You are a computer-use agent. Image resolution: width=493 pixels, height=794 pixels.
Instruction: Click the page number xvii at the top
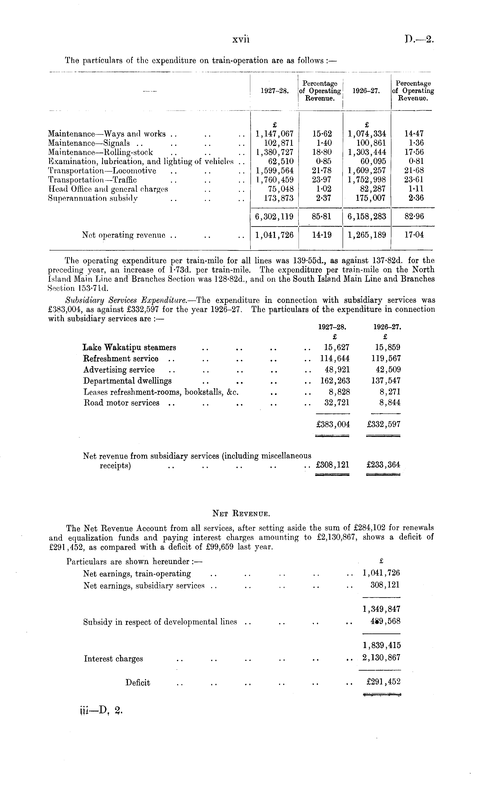(241, 40)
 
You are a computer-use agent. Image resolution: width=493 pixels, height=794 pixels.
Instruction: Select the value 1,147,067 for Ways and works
(275, 134)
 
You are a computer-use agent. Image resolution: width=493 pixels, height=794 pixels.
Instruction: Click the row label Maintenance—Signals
(89, 143)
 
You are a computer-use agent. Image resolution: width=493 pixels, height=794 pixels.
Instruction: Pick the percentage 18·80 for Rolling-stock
(322, 152)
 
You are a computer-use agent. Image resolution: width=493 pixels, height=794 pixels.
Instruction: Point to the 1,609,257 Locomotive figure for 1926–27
(367, 170)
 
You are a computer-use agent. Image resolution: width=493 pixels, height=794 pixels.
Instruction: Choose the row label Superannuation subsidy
(93, 198)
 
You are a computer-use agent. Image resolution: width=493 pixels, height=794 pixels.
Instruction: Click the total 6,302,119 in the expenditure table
(275, 216)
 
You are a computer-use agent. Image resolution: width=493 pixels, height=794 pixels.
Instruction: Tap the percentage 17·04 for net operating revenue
(414, 235)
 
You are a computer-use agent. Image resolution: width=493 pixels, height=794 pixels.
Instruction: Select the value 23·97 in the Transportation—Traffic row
(322, 180)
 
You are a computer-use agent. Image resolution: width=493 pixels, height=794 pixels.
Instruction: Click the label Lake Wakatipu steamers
(129, 347)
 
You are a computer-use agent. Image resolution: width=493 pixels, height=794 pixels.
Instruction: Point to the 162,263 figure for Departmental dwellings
(335, 381)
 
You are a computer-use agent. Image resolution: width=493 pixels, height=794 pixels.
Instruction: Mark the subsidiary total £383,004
(333, 424)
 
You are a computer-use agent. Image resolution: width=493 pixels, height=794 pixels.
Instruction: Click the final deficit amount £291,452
(383, 682)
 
